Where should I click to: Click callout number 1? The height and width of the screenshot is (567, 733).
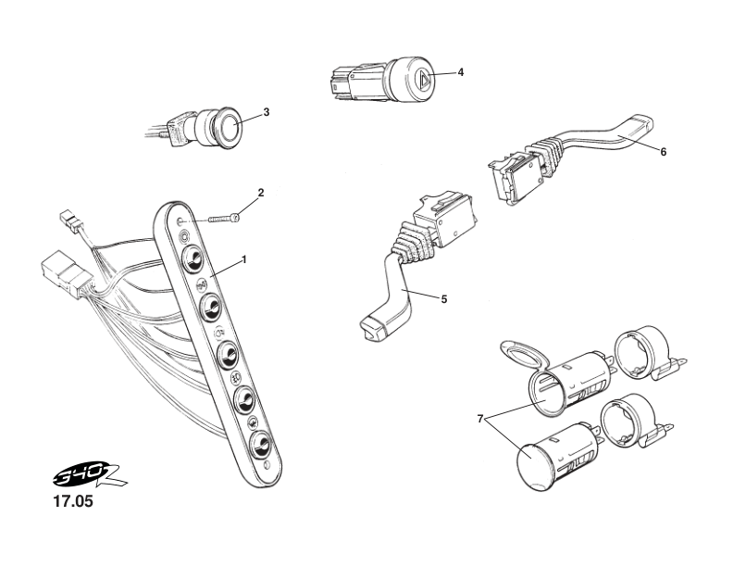[x=244, y=260]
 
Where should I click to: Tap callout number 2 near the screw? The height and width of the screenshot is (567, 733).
[x=261, y=194]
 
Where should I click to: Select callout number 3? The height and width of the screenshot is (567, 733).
[x=267, y=112]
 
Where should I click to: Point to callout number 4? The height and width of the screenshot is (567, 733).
[x=461, y=72]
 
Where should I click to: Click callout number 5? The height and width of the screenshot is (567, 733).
[x=443, y=299]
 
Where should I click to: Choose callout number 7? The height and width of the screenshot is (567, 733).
[x=480, y=419]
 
